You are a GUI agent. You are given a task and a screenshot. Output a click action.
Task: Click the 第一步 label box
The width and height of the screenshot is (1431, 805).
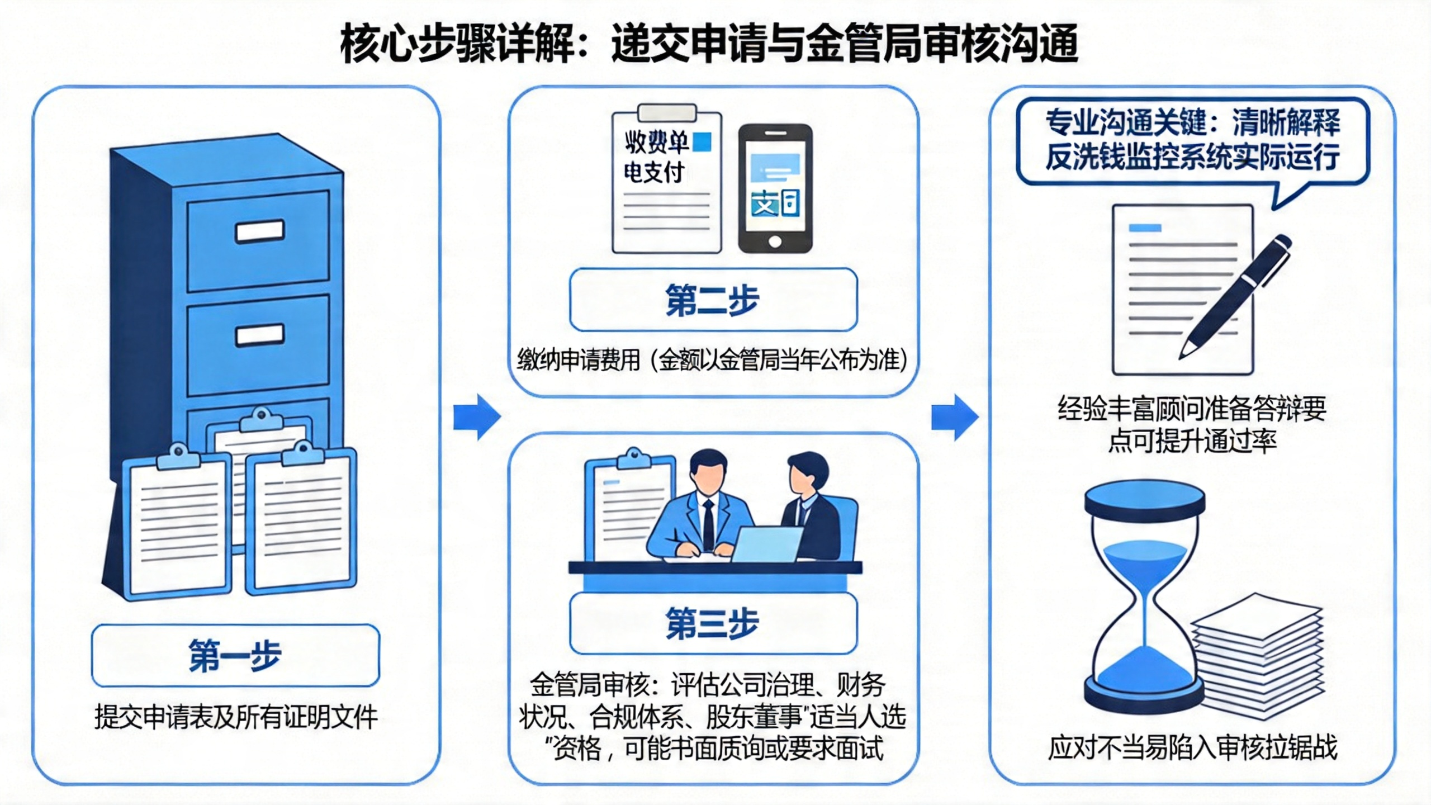[235, 655]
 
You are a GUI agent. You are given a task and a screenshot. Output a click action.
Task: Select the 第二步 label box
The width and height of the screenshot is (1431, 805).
[713, 300]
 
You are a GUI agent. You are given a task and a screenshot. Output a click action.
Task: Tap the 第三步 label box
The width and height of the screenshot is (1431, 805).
[713, 623]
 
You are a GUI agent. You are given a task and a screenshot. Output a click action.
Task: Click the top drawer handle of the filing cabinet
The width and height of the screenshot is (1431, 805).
[259, 231]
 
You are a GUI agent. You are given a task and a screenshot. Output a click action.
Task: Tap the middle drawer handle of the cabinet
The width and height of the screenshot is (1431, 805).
[259, 335]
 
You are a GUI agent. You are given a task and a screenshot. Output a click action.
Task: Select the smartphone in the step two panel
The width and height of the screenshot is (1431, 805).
[775, 188]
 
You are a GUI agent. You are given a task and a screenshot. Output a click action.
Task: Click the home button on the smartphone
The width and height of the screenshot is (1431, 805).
[775, 241]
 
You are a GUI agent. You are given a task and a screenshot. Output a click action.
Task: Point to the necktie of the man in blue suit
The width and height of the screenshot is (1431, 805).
[708, 525]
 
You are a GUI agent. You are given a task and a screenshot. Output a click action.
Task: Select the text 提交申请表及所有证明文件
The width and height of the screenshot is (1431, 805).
[236, 717]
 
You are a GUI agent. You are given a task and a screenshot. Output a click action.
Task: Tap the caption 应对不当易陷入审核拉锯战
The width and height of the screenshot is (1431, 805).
[1192, 748]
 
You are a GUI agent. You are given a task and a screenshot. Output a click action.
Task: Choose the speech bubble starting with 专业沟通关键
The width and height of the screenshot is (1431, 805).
[1192, 141]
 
